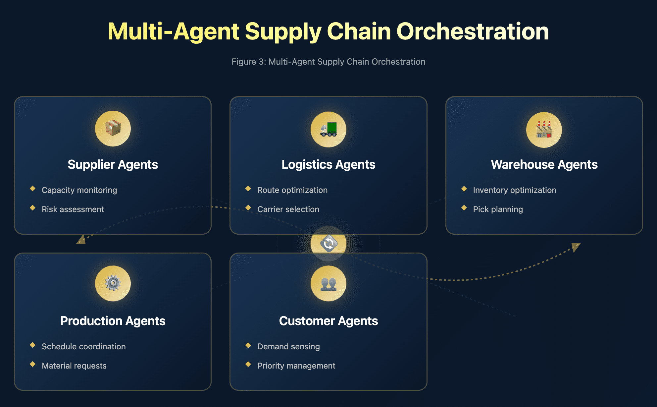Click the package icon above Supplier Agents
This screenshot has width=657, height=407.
[113, 129]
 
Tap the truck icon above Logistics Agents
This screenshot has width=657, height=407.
[328, 129]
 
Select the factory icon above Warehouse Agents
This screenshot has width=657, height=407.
[544, 130]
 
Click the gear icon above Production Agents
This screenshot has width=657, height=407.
[113, 283]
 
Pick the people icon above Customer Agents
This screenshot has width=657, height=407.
[328, 284]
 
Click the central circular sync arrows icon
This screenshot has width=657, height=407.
[328, 244]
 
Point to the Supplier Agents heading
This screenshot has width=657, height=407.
[113, 164]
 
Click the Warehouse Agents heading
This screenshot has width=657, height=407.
[544, 164]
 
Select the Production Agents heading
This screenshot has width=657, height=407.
[113, 321]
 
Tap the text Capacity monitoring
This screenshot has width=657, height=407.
[79, 190]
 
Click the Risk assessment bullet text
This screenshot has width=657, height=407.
[73, 209]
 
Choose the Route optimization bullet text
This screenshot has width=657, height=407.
[292, 190]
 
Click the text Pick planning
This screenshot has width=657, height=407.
[498, 209]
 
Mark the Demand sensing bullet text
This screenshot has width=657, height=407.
[288, 347]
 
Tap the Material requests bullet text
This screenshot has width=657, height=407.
[74, 366]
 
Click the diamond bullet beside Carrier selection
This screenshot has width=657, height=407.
[248, 208]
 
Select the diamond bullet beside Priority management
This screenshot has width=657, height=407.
[248, 364]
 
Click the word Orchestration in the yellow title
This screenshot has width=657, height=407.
[473, 31]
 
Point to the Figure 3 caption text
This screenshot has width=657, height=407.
[328, 62]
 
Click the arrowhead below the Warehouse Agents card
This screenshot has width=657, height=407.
[576, 247]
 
